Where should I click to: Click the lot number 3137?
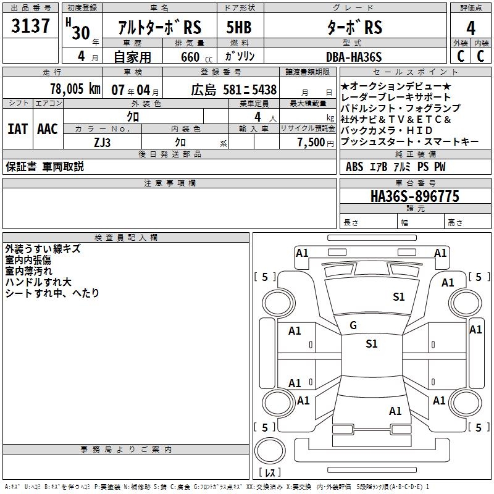[31, 28]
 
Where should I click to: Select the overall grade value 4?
[471, 28]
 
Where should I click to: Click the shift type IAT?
[18, 129]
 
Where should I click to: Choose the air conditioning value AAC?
[48, 129]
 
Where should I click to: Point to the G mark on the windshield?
[353, 325]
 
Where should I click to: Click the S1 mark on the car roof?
[371, 344]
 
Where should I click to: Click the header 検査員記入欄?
[126, 238]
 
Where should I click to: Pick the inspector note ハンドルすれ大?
[38, 282]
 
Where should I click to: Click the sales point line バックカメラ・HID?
[388, 131]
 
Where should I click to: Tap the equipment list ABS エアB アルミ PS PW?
[395, 167]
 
